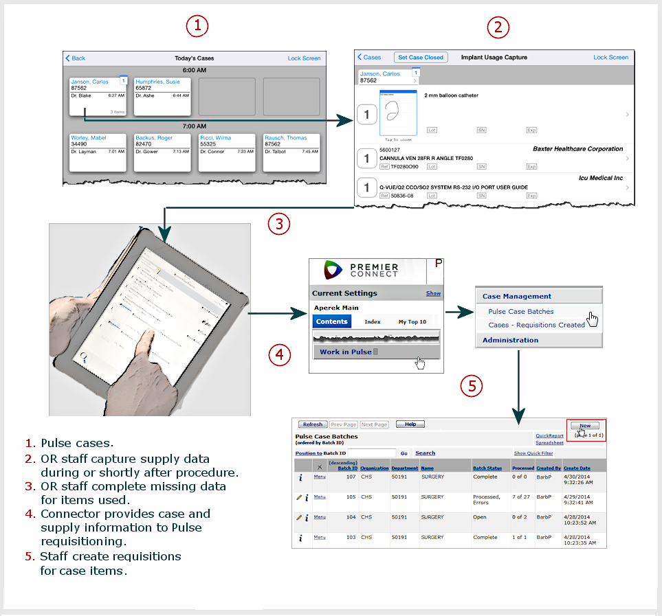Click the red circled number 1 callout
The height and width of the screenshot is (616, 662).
[197, 27]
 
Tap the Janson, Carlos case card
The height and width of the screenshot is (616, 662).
[98, 95]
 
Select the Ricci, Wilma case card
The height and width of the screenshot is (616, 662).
[226, 152]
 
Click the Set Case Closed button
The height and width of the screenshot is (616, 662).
[421, 58]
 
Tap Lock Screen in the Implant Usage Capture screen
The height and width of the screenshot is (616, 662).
[610, 58]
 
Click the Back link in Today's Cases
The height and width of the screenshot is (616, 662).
[76, 58]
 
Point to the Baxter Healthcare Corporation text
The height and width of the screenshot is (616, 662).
[577, 148]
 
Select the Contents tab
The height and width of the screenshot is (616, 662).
[332, 321]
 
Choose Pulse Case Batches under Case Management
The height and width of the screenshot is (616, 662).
[520, 312]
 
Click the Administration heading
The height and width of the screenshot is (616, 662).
[510, 340]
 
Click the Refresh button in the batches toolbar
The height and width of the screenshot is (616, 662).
[313, 424]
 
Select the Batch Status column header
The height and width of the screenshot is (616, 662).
[487, 468]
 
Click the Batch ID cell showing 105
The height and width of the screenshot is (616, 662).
[351, 497]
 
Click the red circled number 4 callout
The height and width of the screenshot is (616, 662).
[278, 355]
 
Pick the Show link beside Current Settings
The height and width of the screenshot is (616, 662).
[433, 293]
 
